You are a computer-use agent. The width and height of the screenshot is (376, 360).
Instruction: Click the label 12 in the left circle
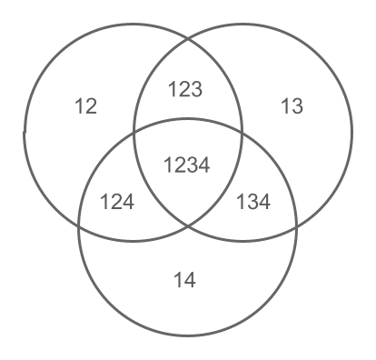(85, 107)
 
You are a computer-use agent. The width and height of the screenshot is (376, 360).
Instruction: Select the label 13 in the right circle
(291, 107)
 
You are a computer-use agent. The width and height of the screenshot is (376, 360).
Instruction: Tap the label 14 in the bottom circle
(185, 279)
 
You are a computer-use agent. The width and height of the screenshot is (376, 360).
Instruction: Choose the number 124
(117, 202)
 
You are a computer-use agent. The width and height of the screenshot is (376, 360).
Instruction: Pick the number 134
(253, 202)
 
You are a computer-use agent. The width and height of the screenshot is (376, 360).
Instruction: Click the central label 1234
(186, 165)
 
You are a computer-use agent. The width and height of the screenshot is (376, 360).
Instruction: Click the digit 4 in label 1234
(204, 165)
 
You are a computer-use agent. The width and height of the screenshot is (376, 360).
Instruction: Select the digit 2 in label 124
(117, 202)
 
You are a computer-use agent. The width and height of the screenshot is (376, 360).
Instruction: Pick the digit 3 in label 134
(253, 202)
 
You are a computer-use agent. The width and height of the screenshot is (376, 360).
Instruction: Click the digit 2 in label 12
(91, 107)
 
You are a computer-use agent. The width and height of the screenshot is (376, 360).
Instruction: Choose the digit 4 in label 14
(191, 279)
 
